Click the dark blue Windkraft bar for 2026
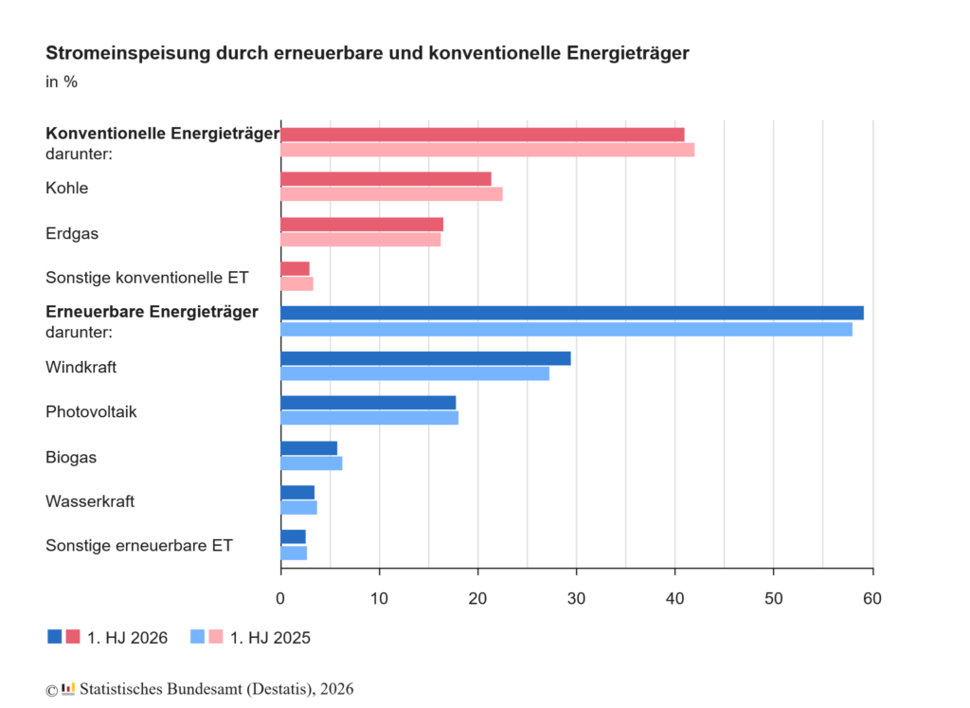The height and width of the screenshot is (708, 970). pyautogui.click(x=425, y=358)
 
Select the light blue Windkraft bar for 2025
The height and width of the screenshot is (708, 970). pyautogui.click(x=415, y=373)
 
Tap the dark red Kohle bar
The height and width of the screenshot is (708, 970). pyautogui.click(x=386, y=179)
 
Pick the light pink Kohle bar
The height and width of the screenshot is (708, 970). pyautogui.click(x=391, y=194)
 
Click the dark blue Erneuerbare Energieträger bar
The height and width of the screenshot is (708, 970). pyautogui.click(x=572, y=313)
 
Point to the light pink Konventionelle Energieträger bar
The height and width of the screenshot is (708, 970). pyautogui.click(x=488, y=150)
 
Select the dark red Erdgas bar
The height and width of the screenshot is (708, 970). pyautogui.click(x=362, y=224)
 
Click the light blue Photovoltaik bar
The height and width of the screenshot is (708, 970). pyautogui.click(x=369, y=418)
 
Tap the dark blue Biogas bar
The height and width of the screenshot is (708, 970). pyautogui.click(x=309, y=448)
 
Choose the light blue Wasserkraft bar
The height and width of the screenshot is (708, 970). pyautogui.click(x=298, y=507)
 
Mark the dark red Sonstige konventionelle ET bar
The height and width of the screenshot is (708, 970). pyautogui.click(x=296, y=268)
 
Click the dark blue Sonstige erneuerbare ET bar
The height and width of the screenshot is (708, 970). pyautogui.click(x=294, y=536)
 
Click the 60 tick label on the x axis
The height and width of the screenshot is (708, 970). pyautogui.click(x=872, y=598)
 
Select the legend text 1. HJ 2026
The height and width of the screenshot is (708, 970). pyautogui.click(x=128, y=638)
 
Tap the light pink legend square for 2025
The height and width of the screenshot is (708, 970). pyautogui.click(x=216, y=636)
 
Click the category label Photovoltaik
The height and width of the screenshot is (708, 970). pyautogui.click(x=91, y=411)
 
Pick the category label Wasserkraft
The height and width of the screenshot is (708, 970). pyautogui.click(x=90, y=501)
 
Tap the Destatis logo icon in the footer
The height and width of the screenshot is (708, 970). pyautogui.click(x=68, y=689)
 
